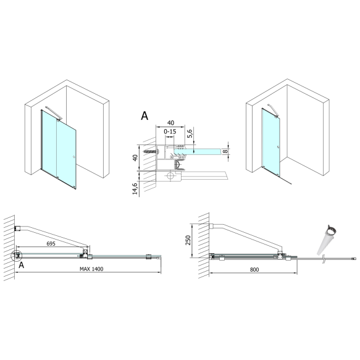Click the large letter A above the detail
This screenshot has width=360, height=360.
(144, 115)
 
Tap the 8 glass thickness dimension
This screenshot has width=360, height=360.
(226, 148)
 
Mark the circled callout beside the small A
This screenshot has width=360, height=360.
(16, 255)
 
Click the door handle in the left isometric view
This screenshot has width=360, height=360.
(73, 157)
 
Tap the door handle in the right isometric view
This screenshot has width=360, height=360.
(280, 147)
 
